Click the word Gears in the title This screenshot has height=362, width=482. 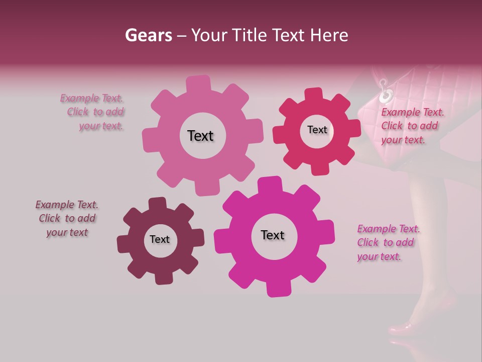pos(148,35)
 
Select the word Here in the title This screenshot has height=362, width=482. pos(329,35)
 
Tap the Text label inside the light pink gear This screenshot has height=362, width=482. pos(200,136)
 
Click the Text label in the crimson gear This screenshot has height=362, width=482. pos(317,130)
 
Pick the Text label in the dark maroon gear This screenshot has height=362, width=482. pos(160,239)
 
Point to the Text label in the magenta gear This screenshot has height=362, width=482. pos(273,235)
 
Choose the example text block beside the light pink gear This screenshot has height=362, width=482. pos(93,112)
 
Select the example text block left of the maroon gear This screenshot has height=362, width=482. pos(67,218)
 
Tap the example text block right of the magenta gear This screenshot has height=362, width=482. pos(386,242)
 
